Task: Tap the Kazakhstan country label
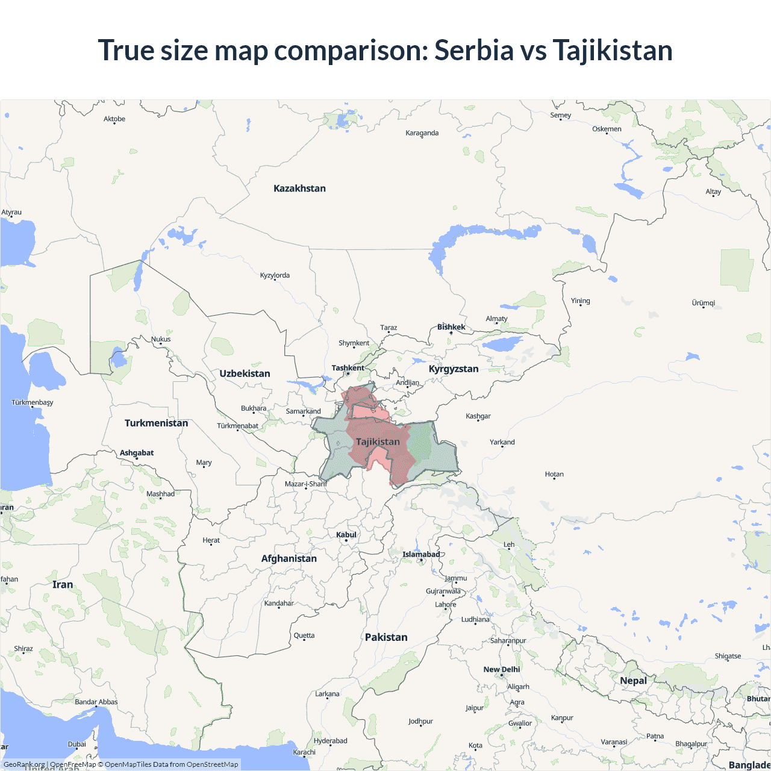(x=299, y=189)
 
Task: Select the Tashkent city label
(x=348, y=368)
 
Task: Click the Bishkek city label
(x=451, y=327)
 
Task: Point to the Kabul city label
(x=346, y=535)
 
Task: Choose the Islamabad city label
(x=421, y=554)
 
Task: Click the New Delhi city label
(x=501, y=669)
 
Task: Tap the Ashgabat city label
(x=137, y=453)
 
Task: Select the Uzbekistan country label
(x=245, y=373)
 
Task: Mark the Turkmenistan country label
(x=156, y=423)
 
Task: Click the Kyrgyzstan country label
(x=454, y=369)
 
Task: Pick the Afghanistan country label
(x=289, y=558)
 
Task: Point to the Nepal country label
(x=633, y=681)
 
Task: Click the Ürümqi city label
(x=703, y=303)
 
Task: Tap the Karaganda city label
(x=422, y=133)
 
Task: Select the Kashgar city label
(x=478, y=416)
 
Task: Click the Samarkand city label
(x=303, y=411)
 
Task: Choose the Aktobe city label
(x=114, y=119)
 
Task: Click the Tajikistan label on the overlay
(x=378, y=442)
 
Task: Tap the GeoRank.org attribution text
(x=24, y=764)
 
